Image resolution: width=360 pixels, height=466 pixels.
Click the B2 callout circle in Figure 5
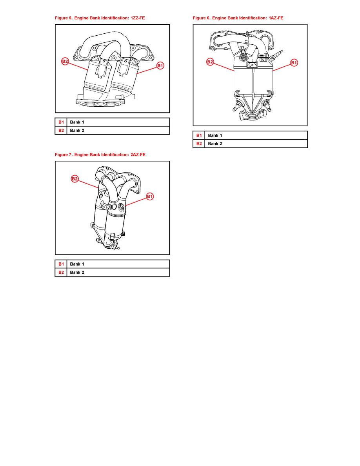(65, 62)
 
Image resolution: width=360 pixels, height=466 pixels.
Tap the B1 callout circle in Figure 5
(160, 66)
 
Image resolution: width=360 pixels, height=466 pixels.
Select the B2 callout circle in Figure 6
(210, 62)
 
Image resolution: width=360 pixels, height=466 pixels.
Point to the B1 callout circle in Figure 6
(294, 63)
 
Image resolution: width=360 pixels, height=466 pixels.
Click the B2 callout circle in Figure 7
(75, 178)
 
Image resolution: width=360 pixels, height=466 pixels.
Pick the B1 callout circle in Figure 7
(150, 197)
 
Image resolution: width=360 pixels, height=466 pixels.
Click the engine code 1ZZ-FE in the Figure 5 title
(138, 18)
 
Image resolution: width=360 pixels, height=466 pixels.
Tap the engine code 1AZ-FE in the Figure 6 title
(276, 18)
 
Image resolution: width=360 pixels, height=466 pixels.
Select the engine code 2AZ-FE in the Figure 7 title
(138, 155)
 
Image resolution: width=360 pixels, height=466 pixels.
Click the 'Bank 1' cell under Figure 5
(118, 122)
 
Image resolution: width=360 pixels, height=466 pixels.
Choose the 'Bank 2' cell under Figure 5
(118, 131)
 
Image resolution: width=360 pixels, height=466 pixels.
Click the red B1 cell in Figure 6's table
(199, 135)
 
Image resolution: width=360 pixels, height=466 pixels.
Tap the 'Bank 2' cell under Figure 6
(256, 144)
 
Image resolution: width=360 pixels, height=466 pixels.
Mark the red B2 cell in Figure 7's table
(61, 272)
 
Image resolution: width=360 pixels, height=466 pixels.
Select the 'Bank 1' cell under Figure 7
(118, 264)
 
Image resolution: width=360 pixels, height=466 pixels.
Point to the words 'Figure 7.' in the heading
(64, 155)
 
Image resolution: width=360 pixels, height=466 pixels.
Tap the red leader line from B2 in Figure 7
(88, 184)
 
